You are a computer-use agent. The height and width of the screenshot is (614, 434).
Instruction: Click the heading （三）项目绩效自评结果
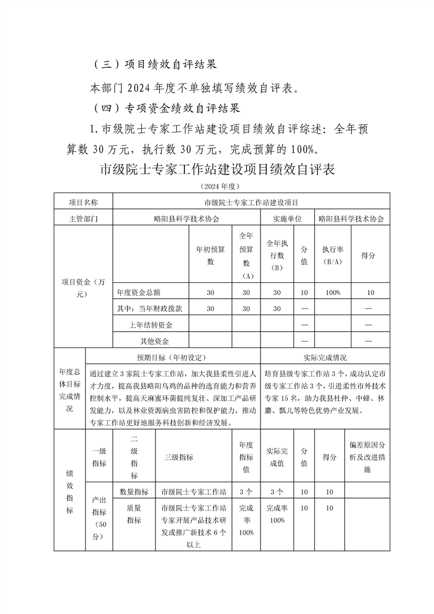pyautogui.click(x=154, y=63)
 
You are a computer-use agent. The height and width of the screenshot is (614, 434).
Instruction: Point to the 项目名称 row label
pyautogui.click(x=83, y=202)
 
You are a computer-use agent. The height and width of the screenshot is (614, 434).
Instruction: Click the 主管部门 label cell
pyautogui.click(x=83, y=218)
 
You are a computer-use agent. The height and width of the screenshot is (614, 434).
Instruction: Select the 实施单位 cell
pyautogui.click(x=288, y=218)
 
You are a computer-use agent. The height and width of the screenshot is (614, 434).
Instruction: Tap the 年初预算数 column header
pyautogui.click(x=211, y=256)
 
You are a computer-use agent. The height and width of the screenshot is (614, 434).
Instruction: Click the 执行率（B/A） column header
pyautogui.click(x=333, y=256)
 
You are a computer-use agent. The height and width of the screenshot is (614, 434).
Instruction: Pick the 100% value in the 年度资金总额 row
pyautogui.click(x=333, y=293)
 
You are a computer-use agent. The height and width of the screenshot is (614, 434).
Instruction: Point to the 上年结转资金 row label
pyautogui.click(x=151, y=325)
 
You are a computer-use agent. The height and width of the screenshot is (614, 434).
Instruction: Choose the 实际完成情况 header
pyautogui.click(x=325, y=357)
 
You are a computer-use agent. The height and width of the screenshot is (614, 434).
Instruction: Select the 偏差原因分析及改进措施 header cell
pyautogui.click(x=367, y=457)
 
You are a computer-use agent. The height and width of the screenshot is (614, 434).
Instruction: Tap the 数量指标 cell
pyautogui.click(x=134, y=492)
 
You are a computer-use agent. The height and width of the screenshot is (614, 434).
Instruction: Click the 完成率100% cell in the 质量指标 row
pyautogui.click(x=276, y=514)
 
